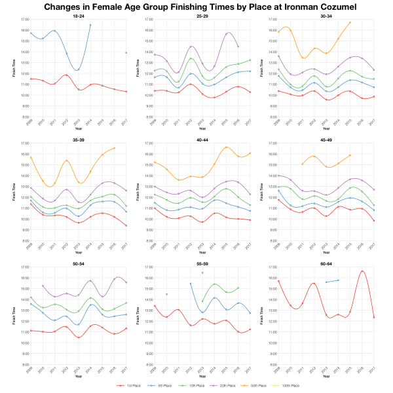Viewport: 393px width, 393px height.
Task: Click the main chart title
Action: pyautogui.click(x=196, y=7)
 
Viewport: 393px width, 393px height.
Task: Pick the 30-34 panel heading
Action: pyautogui.click(x=327, y=16)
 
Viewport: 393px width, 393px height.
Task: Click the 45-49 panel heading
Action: pyautogui.click(x=327, y=140)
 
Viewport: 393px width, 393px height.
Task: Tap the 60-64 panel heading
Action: pyautogui.click(x=327, y=264)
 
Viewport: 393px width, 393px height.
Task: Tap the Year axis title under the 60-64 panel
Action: pyautogui.click(x=327, y=377)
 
